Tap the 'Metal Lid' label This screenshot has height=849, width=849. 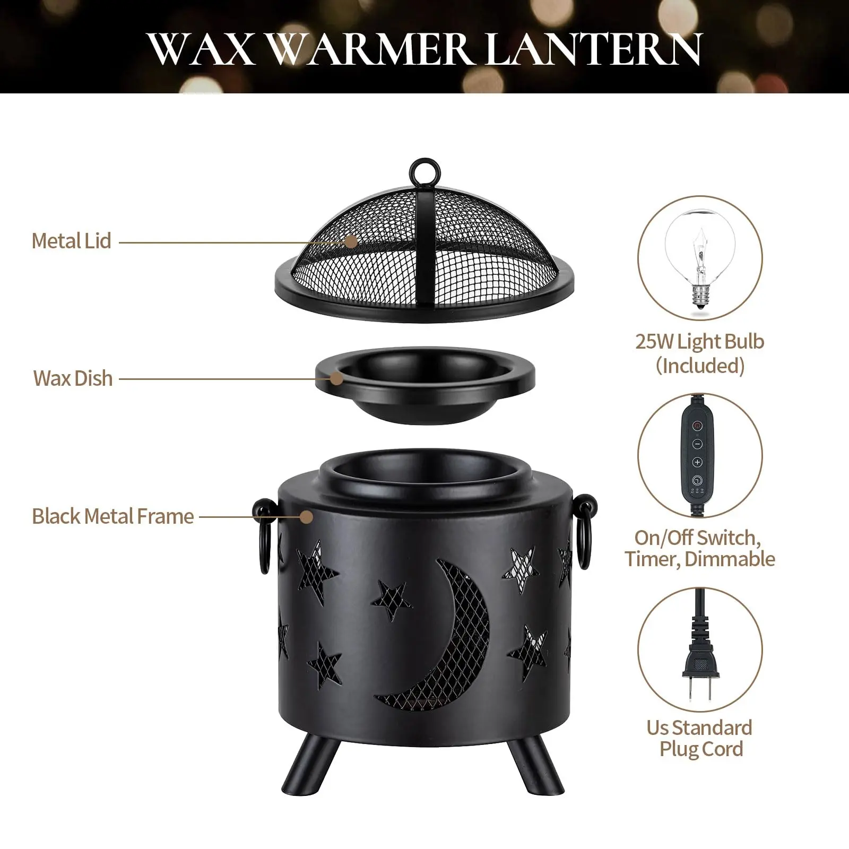(72, 241)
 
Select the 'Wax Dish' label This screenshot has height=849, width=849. (73, 378)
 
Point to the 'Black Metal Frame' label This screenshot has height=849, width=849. (113, 516)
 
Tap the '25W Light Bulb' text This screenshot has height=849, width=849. (700, 341)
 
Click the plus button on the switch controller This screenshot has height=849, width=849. (698, 462)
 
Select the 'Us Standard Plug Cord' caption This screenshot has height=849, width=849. (700, 738)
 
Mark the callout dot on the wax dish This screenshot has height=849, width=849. (336, 379)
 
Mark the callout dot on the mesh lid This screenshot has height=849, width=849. (351, 241)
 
